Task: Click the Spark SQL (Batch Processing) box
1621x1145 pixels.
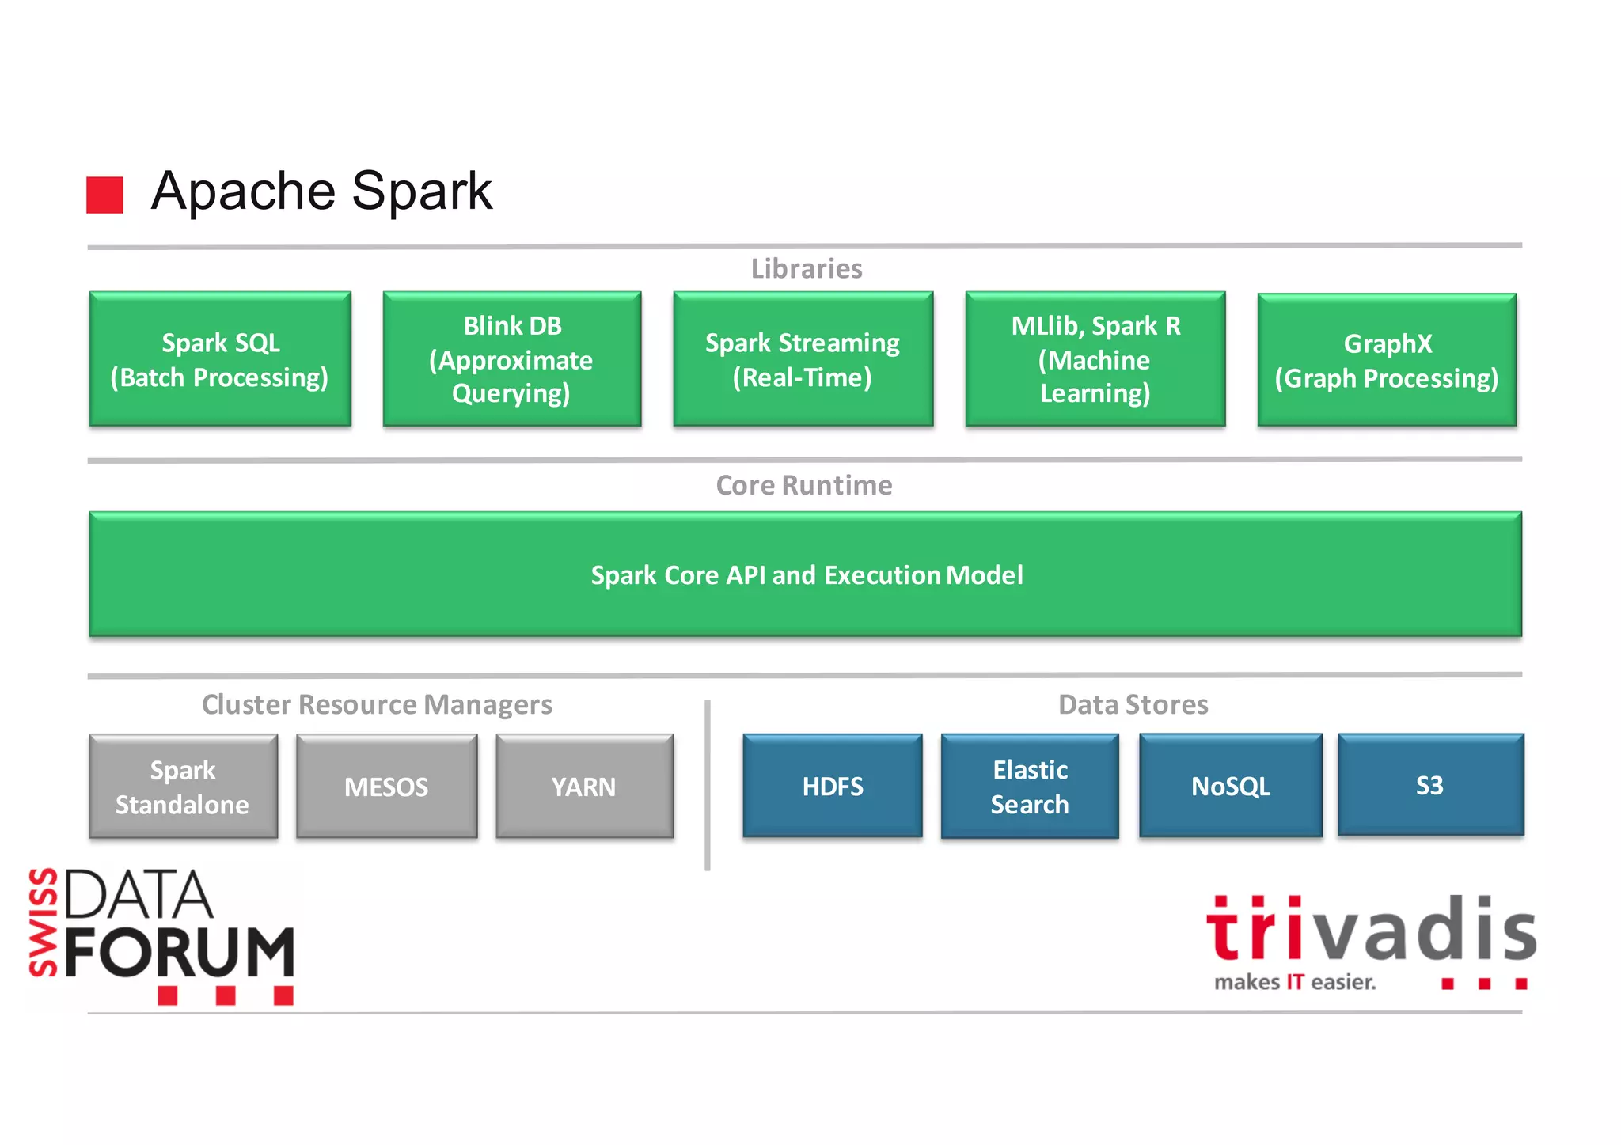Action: pos(220,359)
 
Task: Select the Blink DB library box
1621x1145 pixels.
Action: pos(512,359)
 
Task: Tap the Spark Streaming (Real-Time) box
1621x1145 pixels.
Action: pos(803,359)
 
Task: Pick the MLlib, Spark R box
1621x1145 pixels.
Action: pos(1095,359)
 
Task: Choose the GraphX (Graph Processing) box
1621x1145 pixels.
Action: pos(1387,360)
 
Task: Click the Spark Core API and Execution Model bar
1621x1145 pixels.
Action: pos(805,574)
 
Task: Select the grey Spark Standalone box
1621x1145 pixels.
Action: pos(183,787)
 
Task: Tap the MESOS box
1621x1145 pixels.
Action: pos(386,787)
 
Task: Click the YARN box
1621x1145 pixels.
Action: pos(584,787)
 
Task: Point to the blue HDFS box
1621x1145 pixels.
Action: pos(833,786)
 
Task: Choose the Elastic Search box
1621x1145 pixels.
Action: pos(1030,786)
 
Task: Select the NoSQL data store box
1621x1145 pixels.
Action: pos(1231,786)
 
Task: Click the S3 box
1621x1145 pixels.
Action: pos(1430,785)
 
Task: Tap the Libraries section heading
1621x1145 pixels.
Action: pos(807,269)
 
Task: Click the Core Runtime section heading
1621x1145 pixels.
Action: pos(804,485)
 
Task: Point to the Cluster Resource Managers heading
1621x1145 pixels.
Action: pos(377,704)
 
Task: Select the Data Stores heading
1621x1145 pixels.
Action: pos(1133,704)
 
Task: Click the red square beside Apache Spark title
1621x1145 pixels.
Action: pos(104,195)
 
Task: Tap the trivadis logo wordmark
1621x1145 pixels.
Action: pos(1371,931)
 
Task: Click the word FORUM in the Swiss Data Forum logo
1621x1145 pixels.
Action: pos(179,952)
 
